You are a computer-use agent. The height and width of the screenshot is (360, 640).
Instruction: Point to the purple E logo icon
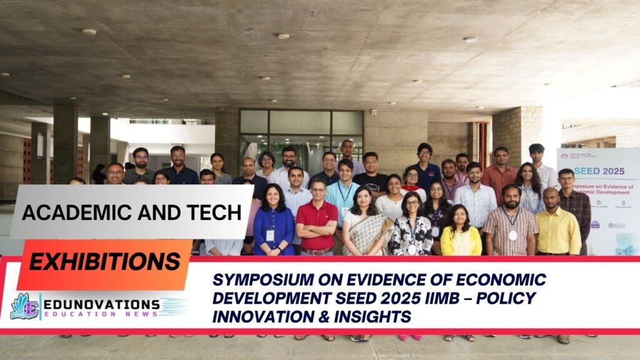coord(24,306)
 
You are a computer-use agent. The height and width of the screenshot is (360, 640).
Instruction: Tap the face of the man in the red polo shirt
coord(317,187)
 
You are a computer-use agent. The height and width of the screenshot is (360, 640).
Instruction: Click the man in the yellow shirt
coord(556,225)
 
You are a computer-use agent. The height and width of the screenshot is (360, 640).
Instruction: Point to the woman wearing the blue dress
coord(273,225)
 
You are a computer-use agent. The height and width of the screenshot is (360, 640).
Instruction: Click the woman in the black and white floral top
coord(411,228)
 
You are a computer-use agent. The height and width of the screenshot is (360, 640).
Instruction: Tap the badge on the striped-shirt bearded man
coord(512,236)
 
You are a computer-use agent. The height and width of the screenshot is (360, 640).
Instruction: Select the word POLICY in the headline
coord(506,298)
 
